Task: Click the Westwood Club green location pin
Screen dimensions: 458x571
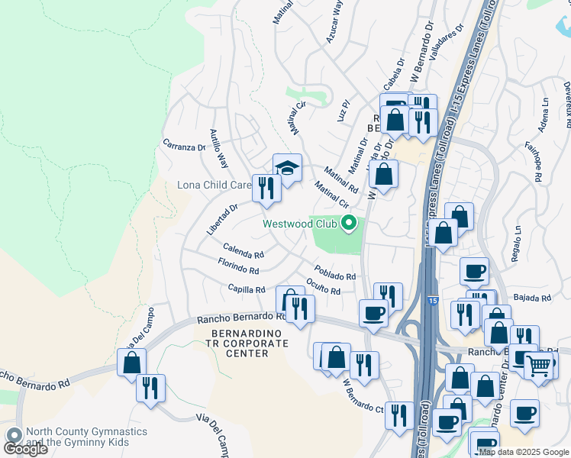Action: pos(350,224)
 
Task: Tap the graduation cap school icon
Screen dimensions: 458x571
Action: pos(287,167)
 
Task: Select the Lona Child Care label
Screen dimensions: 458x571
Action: pos(215,185)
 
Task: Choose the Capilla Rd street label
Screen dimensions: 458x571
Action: pos(246,289)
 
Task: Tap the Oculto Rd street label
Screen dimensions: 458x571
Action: pos(323,286)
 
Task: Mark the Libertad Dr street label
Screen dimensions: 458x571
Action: pos(222,218)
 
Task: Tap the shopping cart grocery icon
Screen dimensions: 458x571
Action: pos(539,366)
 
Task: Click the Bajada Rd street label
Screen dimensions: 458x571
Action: pos(532,298)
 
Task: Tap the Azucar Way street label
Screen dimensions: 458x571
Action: pos(334,21)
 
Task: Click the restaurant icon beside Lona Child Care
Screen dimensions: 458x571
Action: pos(266,188)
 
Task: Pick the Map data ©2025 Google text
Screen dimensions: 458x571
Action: pos(523,452)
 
